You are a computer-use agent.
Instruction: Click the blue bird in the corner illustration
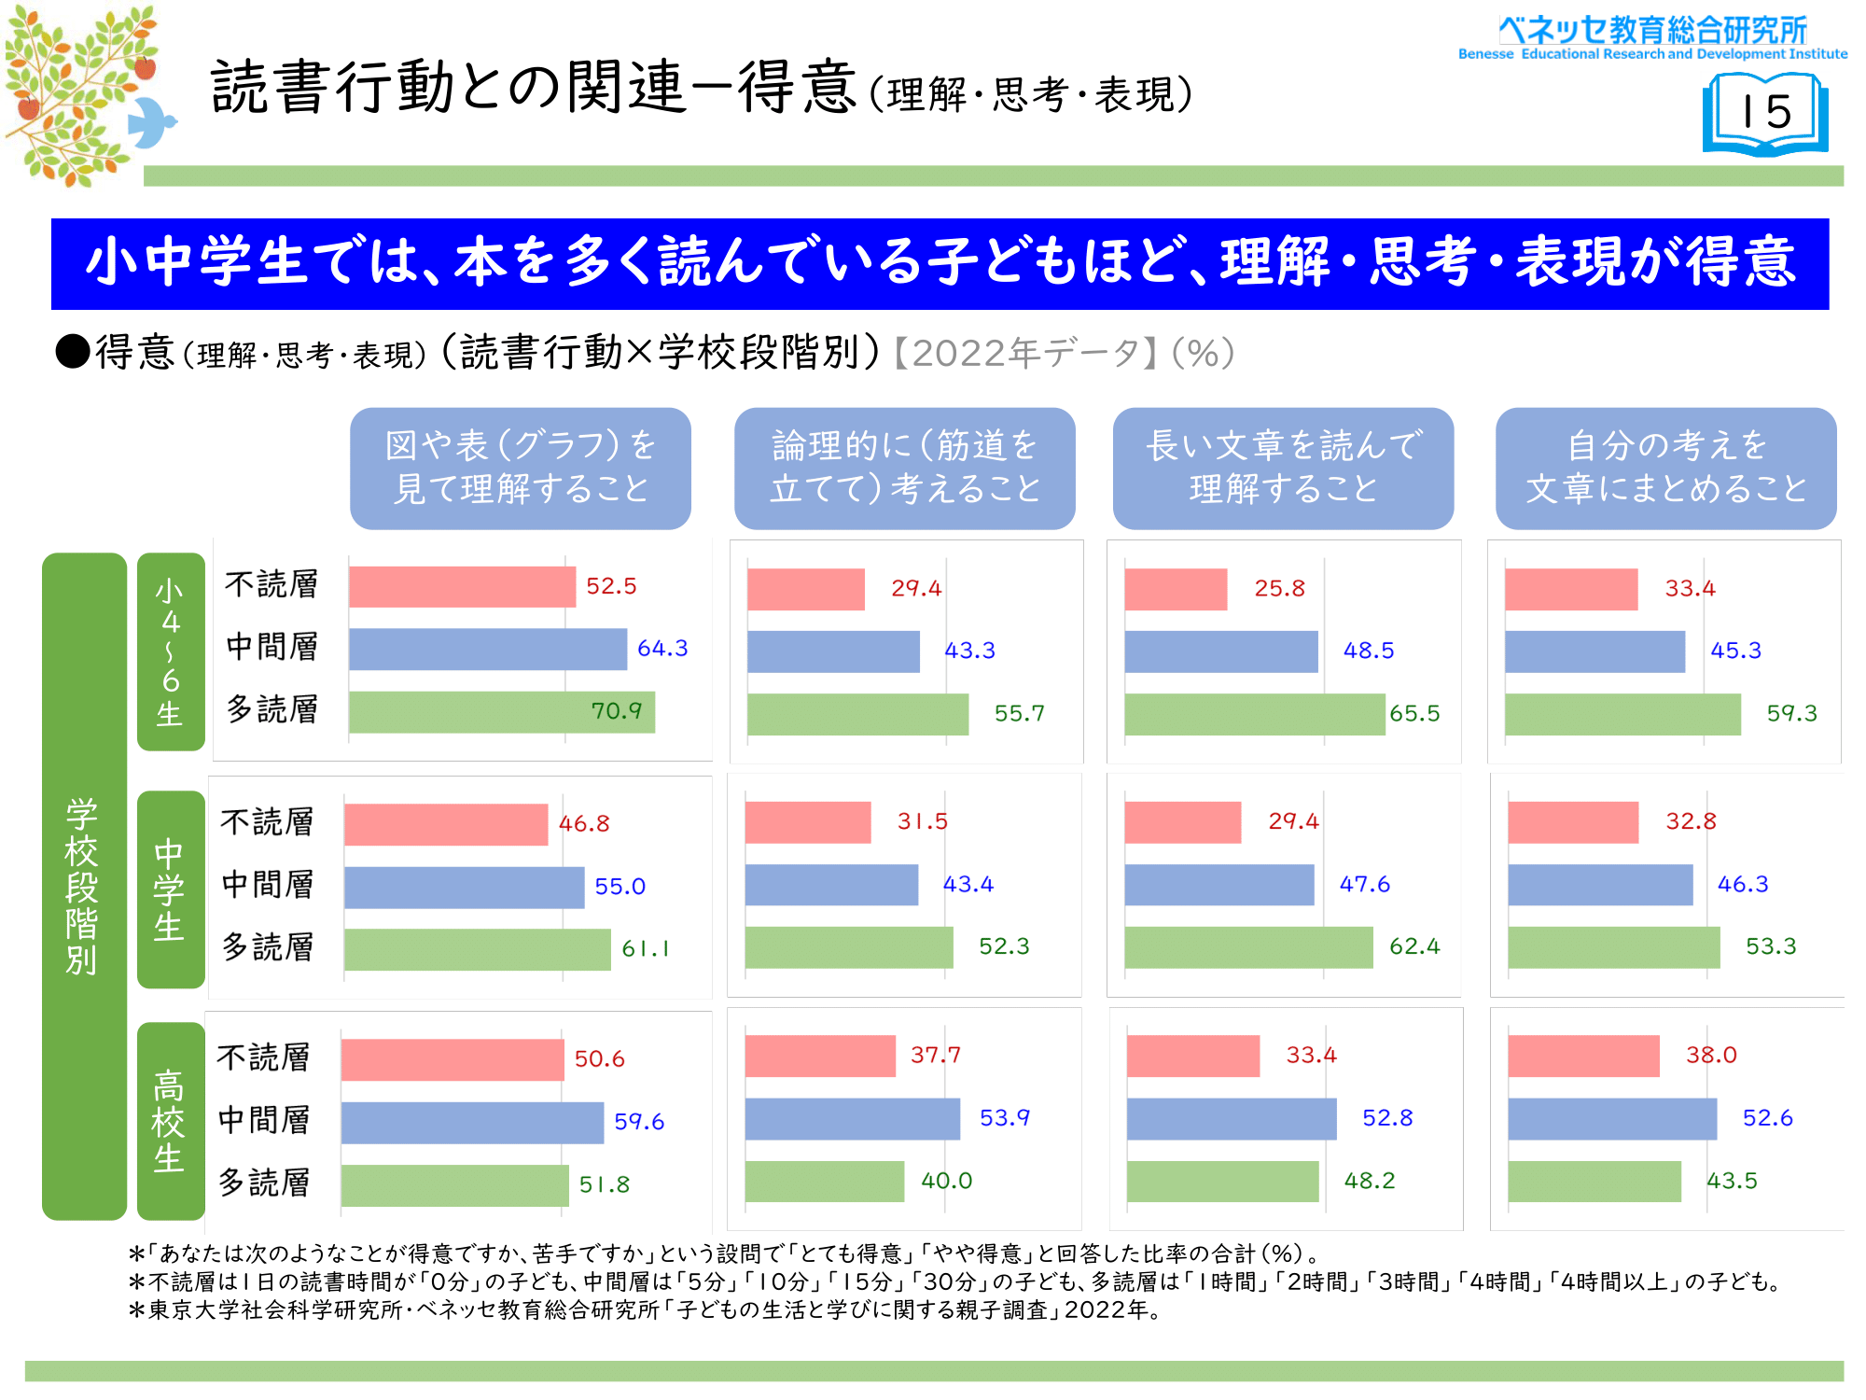tap(151, 121)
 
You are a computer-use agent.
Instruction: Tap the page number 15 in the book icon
tap(1765, 112)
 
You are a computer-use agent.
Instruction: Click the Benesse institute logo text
tap(1652, 37)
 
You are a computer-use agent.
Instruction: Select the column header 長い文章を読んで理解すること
tap(1283, 468)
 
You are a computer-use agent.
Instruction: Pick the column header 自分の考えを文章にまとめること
tap(1665, 468)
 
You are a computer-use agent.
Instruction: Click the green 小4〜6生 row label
tap(170, 651)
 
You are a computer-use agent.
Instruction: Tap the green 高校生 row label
tap(170, 1120)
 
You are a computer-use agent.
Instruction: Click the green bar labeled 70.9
tap(501, 712)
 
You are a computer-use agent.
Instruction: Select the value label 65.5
tap(1414, 713)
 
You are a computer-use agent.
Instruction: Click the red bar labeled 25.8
tap(1176, 589)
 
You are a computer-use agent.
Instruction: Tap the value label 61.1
tap(646, 948)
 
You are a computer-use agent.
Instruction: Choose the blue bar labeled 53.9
tap(852, 1118)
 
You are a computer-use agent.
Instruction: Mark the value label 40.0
tap(946, 1181)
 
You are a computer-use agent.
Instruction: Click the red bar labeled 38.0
tap(1583, 1056)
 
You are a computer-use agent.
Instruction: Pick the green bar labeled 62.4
tap(1248, 947)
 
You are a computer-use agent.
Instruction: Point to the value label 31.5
tap(922, 821)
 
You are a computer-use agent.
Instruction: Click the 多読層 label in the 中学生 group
tap(268, 947)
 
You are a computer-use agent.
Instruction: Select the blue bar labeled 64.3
tap(487, 649)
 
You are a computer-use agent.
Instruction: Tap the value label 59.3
tap(1791, 713)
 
